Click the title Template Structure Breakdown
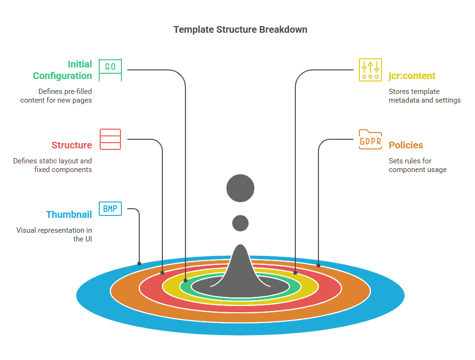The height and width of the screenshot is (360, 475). [x=240, y=29]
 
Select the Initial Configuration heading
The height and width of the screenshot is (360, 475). [x=62, y=70]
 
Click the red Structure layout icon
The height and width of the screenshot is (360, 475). [x=110, y=139]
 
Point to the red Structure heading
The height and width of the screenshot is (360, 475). [x=71, y=145]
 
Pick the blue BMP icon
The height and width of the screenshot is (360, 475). [x=110, y=209]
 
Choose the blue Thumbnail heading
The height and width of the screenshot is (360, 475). [x=69, y=214]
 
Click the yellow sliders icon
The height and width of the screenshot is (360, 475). [x=370, y=70]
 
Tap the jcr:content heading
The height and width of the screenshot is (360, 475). [x=412, y=76]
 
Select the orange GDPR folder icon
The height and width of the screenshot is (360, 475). [x=370, y=140]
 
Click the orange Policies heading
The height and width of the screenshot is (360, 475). [x=406, y=145]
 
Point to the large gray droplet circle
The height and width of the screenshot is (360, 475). [x=240, y=188]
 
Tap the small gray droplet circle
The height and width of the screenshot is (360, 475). [x=240, y=223]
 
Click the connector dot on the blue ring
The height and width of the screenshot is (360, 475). [x=139, y=264]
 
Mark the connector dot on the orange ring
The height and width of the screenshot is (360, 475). [x=318, y=265]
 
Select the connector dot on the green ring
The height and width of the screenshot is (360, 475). [x=185, y=280]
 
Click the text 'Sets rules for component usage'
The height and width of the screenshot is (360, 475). [x=417, y=165]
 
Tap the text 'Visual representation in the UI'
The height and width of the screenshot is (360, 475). [x=54, y=234]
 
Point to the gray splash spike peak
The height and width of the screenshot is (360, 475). [x=240, y=248]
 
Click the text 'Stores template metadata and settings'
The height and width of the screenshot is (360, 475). [x=424, y=96]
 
